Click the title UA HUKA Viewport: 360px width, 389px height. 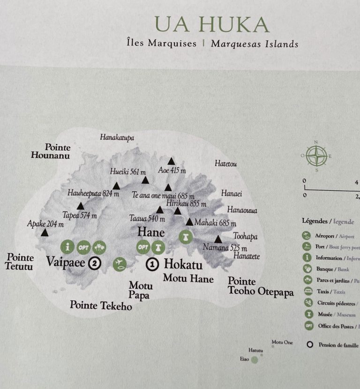[x=212, y=25]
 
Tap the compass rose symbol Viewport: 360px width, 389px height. [x=316, y=156]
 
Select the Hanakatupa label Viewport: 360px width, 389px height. [x=117, y=137]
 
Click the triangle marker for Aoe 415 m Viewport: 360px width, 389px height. [x=172, y=161]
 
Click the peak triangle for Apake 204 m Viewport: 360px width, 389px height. [x=45, y=232]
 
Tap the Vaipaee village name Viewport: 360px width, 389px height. [x=66, y=262]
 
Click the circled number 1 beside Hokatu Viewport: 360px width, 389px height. [x=152, y=264]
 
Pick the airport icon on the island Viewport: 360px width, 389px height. [x=120, y=264]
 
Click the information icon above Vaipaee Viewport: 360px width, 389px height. [x=68, y=246]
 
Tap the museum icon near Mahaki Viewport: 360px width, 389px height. [x=186, y=237]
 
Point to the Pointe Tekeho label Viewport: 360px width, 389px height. [x=101, y=306]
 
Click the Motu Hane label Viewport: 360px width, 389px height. [x=188, y=279]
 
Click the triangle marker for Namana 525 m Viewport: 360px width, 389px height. [x=218, y=239]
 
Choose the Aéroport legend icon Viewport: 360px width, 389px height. [x=307, y=235]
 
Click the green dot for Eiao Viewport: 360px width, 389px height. [x=255, y=360]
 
